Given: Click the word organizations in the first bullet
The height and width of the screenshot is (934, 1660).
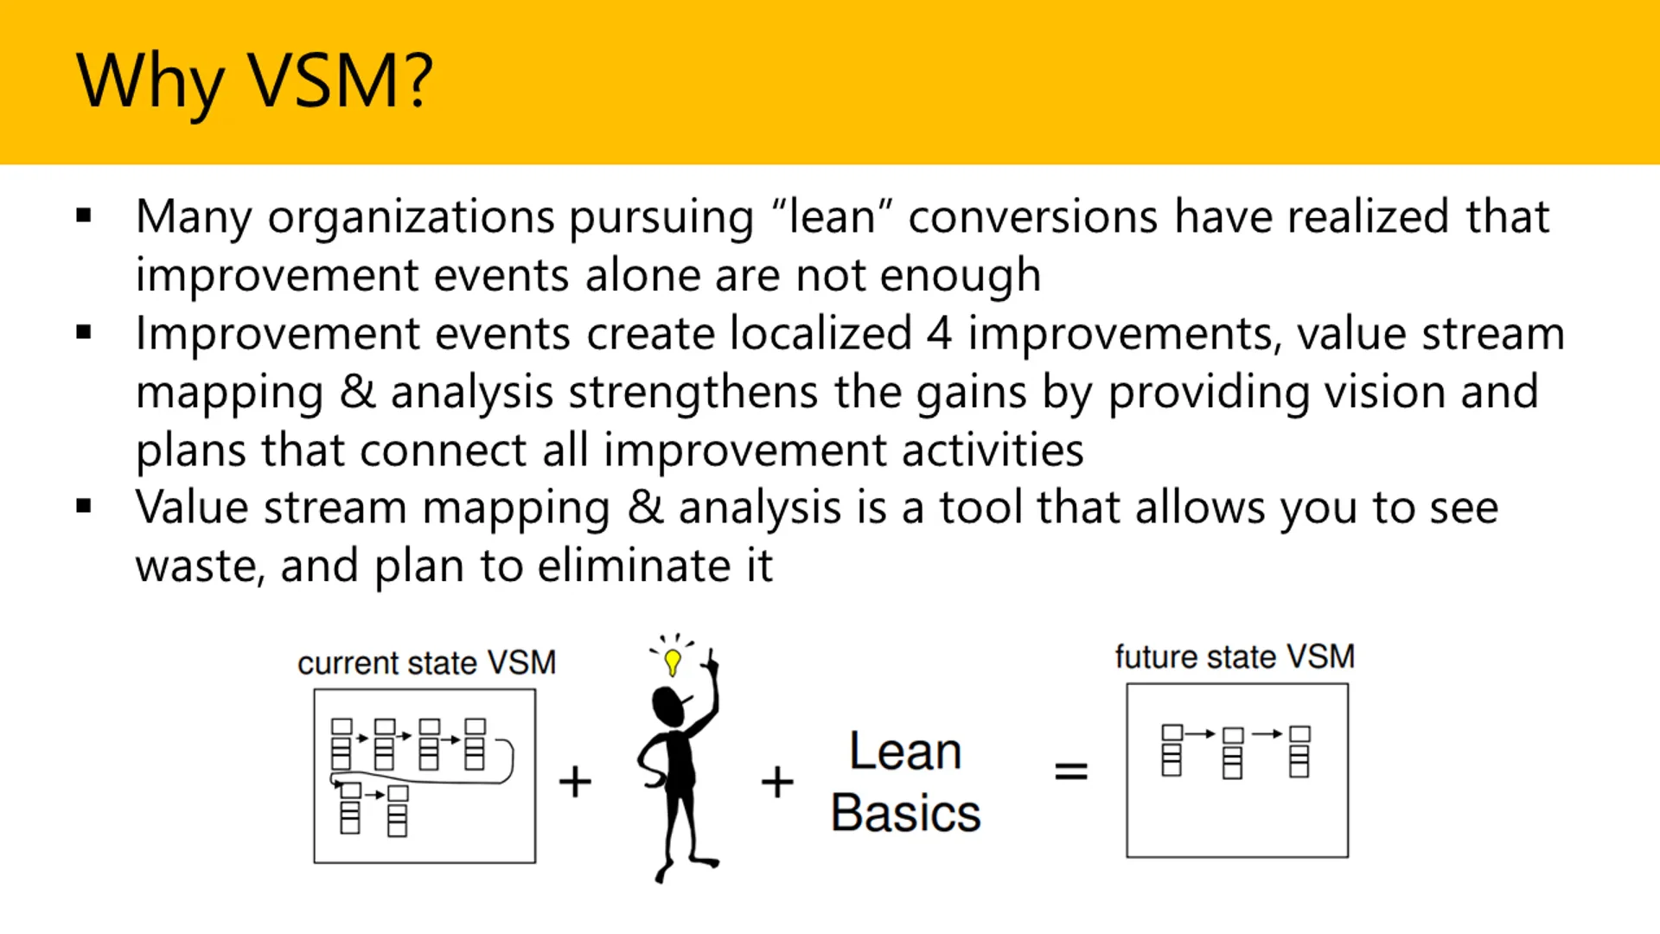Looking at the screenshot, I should click(411, 217).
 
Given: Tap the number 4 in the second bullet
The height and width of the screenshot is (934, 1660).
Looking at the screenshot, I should click(939, 334).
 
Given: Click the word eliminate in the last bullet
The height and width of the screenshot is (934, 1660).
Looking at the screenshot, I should click(634, 566).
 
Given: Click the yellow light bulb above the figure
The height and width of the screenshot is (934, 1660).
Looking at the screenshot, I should click(673, 662).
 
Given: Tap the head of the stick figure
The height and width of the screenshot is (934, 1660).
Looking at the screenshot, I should click(669, 707).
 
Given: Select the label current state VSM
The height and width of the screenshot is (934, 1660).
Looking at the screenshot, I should click(426, 663).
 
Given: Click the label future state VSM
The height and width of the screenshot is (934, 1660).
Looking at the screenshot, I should click(1234, 657).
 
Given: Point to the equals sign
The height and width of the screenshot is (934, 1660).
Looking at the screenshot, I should click(1070, 771).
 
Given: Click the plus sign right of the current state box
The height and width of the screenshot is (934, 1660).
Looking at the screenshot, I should click(575, 782).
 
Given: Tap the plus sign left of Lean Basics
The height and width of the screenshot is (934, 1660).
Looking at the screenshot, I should click(777, 782).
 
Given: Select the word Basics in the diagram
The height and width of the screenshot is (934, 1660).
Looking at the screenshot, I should click(905, 813).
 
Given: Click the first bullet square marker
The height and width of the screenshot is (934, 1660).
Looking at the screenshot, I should click(84, 216).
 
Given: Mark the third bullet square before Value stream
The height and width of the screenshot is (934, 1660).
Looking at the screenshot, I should click(84, 507).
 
